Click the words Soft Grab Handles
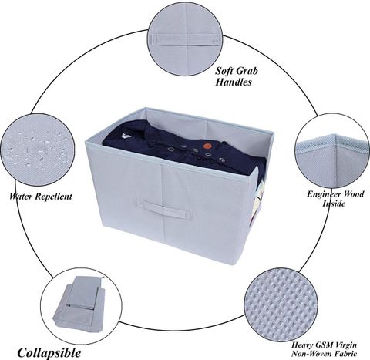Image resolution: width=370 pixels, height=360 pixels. [x=237, y=76]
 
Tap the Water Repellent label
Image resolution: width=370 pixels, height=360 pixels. [x=41, y=197]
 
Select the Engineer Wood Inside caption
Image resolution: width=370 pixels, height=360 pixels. [x=335, y=198]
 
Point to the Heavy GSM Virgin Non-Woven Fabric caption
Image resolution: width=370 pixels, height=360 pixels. [x=324, y=349]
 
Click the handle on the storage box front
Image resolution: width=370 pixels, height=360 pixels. [x=166, y=210]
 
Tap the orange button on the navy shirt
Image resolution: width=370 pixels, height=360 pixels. [x=207, y=146]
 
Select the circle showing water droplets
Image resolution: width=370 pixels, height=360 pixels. [x=38, y=150]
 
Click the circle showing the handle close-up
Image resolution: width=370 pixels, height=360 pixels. [x=186, y=38]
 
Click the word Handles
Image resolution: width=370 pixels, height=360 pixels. [x=234, y=82]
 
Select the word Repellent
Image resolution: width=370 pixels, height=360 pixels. [x=53, y=197]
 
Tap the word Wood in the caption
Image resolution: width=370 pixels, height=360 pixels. [x=354, y=193]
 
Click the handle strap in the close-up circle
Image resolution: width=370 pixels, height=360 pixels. [x=186, y=39]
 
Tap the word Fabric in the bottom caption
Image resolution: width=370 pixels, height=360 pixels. [x=343, y=354]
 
